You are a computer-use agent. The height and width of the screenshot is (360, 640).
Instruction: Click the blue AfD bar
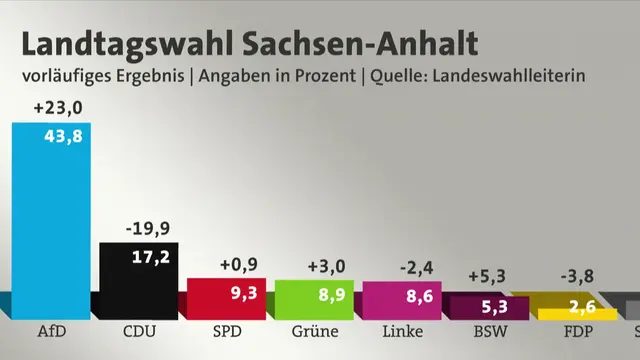point(51,221)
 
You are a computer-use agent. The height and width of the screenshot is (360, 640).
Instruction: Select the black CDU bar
point(139,281)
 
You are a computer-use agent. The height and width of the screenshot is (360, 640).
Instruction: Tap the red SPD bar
point(227,299)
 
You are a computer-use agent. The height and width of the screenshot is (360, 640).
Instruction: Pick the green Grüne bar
point(314,300)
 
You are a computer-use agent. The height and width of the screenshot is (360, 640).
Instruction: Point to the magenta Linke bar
point(402,300)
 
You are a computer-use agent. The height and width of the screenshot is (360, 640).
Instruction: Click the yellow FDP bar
point(578,314)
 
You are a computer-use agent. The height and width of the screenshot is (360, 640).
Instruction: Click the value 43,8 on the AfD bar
point(63,136)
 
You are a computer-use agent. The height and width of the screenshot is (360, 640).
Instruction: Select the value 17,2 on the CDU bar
point(151,257)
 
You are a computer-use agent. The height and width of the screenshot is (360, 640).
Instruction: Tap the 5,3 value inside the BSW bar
point(495,307)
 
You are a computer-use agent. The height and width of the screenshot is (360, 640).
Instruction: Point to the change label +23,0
point(58,108)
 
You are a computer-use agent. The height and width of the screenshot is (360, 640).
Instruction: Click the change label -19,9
point(148,229)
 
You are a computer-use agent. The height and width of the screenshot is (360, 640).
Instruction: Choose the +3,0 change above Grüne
point(327,267)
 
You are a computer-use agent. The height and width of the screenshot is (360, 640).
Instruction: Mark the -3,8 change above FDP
point(577,276)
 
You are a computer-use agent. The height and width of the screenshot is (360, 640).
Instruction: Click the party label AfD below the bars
point(52,331)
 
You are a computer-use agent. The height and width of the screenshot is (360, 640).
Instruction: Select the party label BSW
point(491,331)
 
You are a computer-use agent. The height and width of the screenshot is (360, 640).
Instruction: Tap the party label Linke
point(402,331)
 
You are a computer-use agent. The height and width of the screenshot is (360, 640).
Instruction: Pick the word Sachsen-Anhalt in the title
point(360,43)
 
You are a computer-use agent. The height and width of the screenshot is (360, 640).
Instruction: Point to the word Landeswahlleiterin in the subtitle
point(509,76)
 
